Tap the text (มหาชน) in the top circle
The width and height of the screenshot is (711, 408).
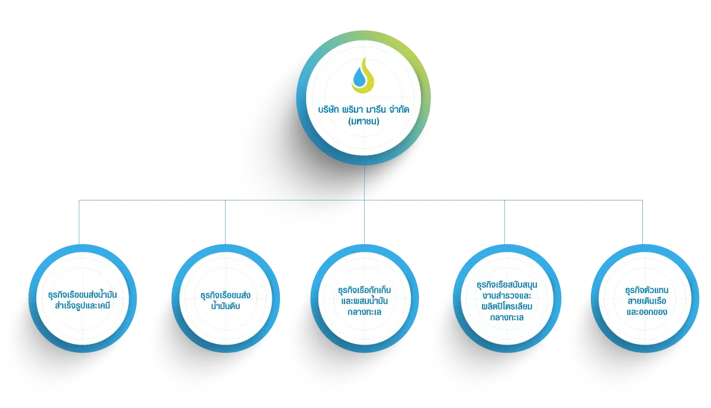(363, 122)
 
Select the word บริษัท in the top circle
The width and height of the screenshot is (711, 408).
(329, 110)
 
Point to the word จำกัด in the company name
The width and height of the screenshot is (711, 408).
(400, 110)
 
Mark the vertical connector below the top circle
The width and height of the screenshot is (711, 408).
(364, 183)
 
